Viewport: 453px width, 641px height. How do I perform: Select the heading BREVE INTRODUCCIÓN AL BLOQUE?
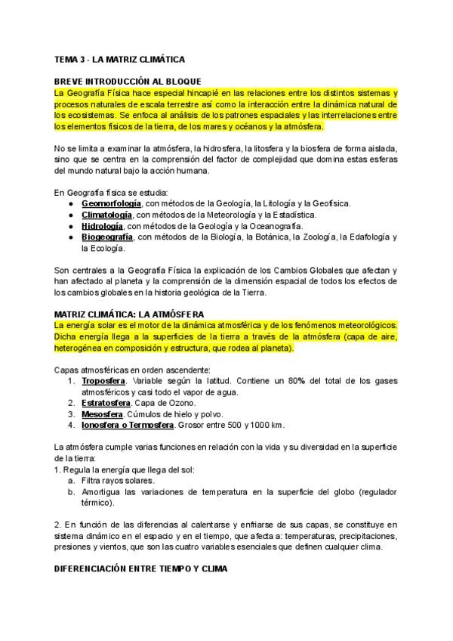(133, 81)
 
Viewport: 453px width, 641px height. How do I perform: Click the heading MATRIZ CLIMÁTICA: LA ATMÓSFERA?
(140, 314)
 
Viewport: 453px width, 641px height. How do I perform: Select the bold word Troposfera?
(103, 381)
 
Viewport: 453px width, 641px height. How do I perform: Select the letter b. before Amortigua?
(71, 491)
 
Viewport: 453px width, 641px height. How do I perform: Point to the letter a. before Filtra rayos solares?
(71, 480)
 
